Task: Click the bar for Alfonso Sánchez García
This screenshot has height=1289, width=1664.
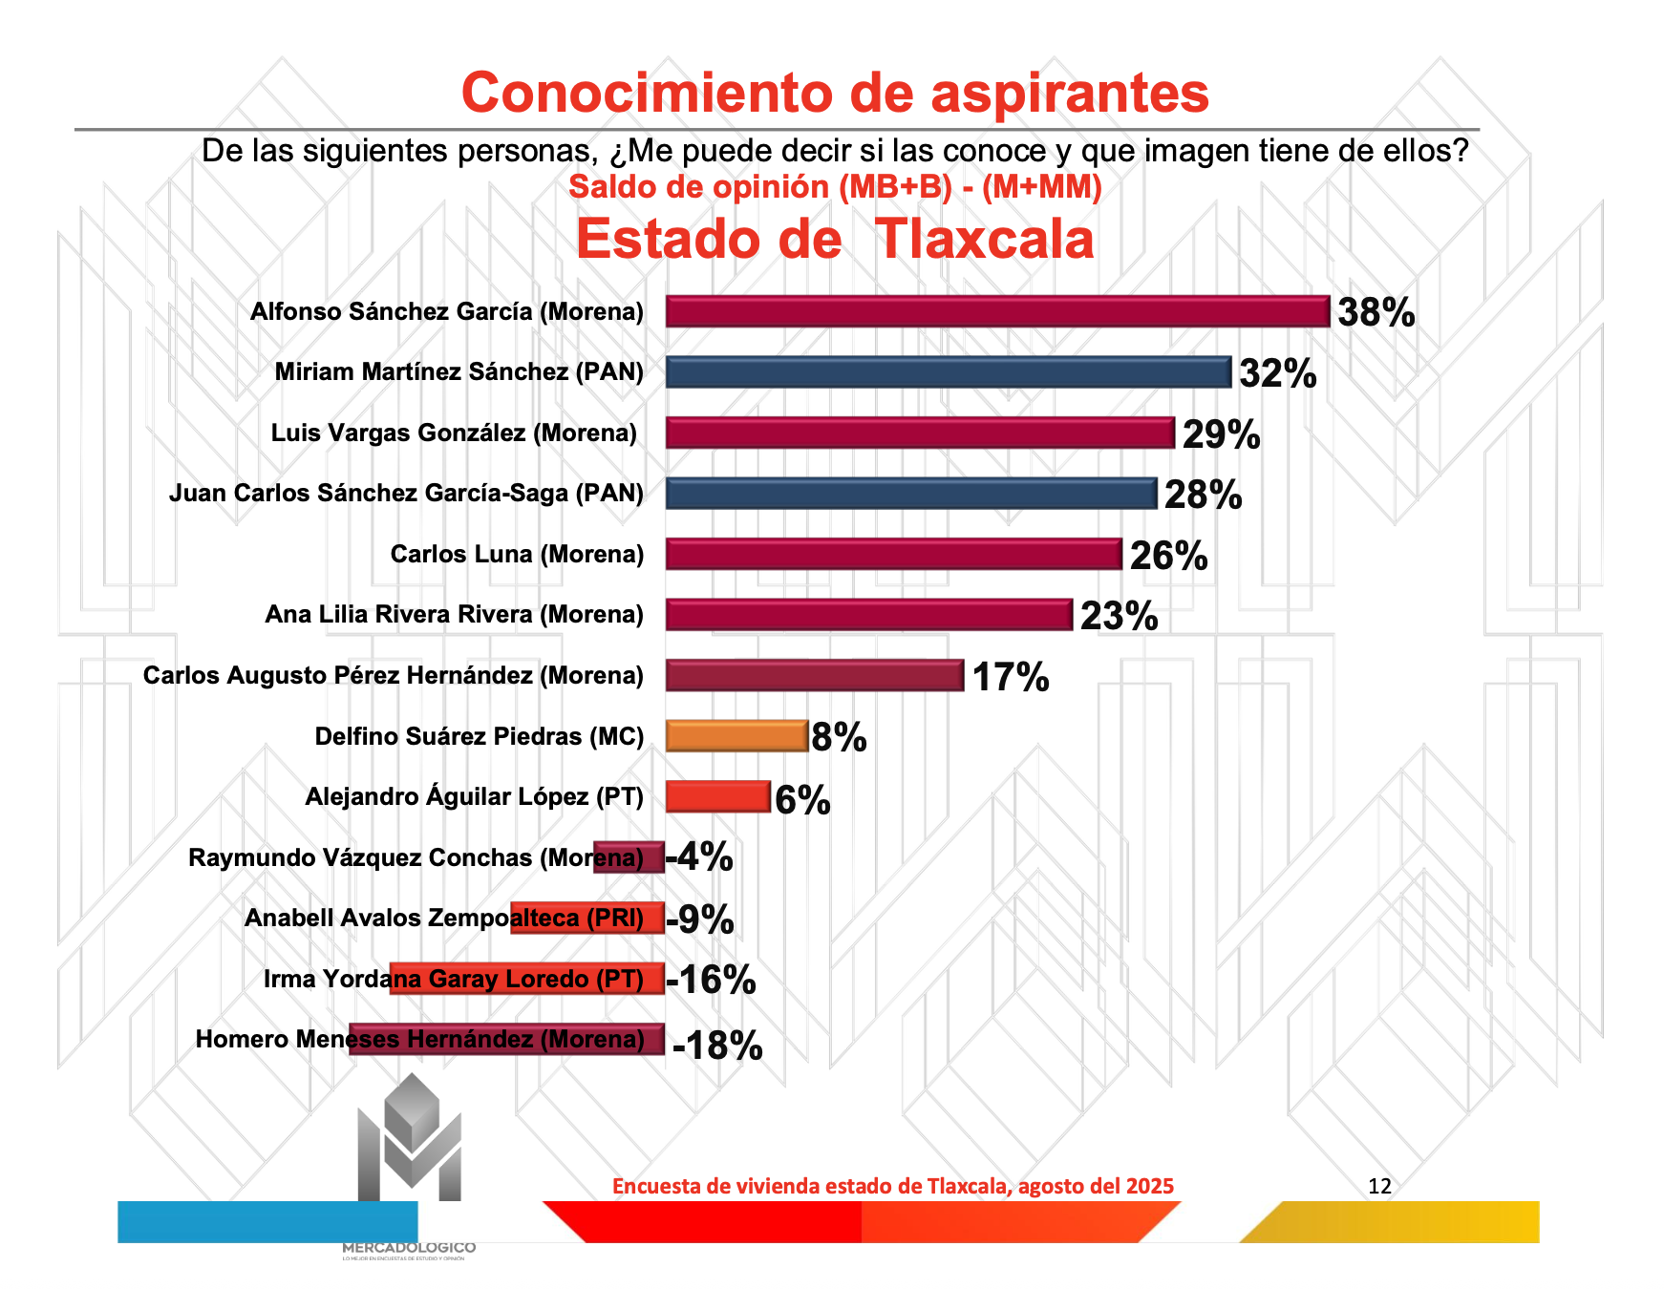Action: [997, 312]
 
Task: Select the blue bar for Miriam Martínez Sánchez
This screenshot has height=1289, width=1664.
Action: [948, 372]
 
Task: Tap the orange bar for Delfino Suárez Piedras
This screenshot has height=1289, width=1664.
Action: [736, 736]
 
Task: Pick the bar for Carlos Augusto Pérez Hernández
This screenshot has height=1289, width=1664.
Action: [814, 676]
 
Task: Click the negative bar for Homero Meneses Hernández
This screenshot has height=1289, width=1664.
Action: [506, 1039]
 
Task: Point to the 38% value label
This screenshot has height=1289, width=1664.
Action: [1376, 313]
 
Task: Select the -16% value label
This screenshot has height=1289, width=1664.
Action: [711, 980]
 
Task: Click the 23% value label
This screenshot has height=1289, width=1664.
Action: [1119, 616]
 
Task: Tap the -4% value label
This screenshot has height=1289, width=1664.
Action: [700, 857]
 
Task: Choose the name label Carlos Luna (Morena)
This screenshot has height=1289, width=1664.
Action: [517, 555]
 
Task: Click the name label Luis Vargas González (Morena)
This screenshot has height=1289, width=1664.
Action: [454, 433]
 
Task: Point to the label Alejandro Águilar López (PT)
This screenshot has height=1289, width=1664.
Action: [474, 797]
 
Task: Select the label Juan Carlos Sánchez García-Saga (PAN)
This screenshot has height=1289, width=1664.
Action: [406, 494]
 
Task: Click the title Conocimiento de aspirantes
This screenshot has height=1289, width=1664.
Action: [835, 93]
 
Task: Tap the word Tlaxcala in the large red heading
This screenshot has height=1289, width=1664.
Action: [984, 239]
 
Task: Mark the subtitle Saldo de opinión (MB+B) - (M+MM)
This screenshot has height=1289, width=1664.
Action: [835, 187]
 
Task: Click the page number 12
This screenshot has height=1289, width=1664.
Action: [1379, 1186]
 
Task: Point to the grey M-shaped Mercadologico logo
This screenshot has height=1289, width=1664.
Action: [410, 1141]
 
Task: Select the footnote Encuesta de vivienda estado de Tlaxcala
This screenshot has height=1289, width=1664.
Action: [892, 1186]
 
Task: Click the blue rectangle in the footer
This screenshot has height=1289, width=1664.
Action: [267, 1221]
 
